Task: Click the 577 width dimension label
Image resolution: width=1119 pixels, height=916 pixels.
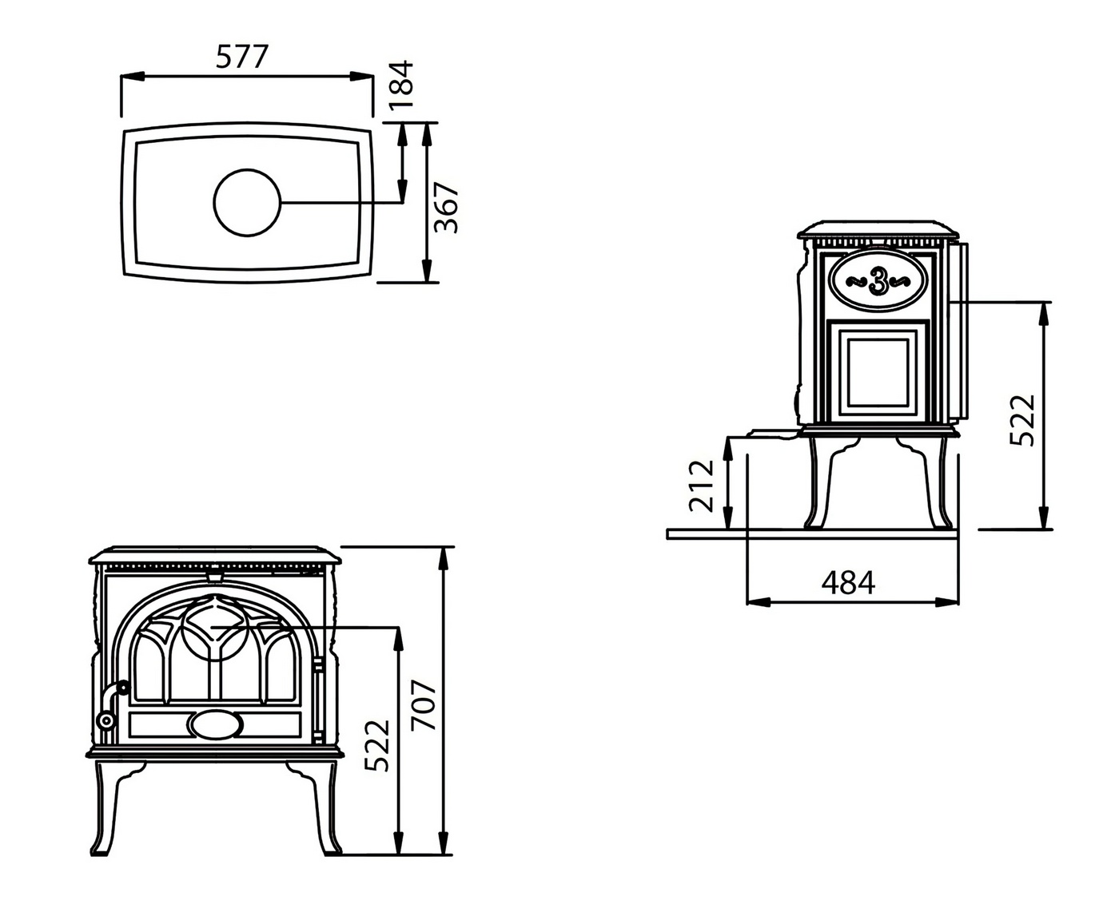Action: [243, 57]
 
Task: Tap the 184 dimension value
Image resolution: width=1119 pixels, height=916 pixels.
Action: [401, 84]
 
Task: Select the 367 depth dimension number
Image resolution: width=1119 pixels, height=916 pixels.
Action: [447, 208]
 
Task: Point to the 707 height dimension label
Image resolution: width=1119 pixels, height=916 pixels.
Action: [424, 705]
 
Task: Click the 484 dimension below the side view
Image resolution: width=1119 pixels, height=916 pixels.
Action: [848, 583]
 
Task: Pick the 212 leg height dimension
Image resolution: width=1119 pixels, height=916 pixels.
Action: [701, 485]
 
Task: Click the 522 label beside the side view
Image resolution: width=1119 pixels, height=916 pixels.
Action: [1022, 420]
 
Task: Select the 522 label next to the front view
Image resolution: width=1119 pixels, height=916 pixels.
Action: [377, 745]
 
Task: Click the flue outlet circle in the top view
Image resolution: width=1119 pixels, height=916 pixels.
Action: [248, 203]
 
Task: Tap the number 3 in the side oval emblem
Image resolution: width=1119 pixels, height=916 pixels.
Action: [878, 282]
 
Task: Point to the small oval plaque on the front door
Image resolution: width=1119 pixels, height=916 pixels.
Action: [214, 724]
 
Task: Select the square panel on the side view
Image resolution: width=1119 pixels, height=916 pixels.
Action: [878, 371]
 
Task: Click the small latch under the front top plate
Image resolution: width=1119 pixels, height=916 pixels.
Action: [214, 572]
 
